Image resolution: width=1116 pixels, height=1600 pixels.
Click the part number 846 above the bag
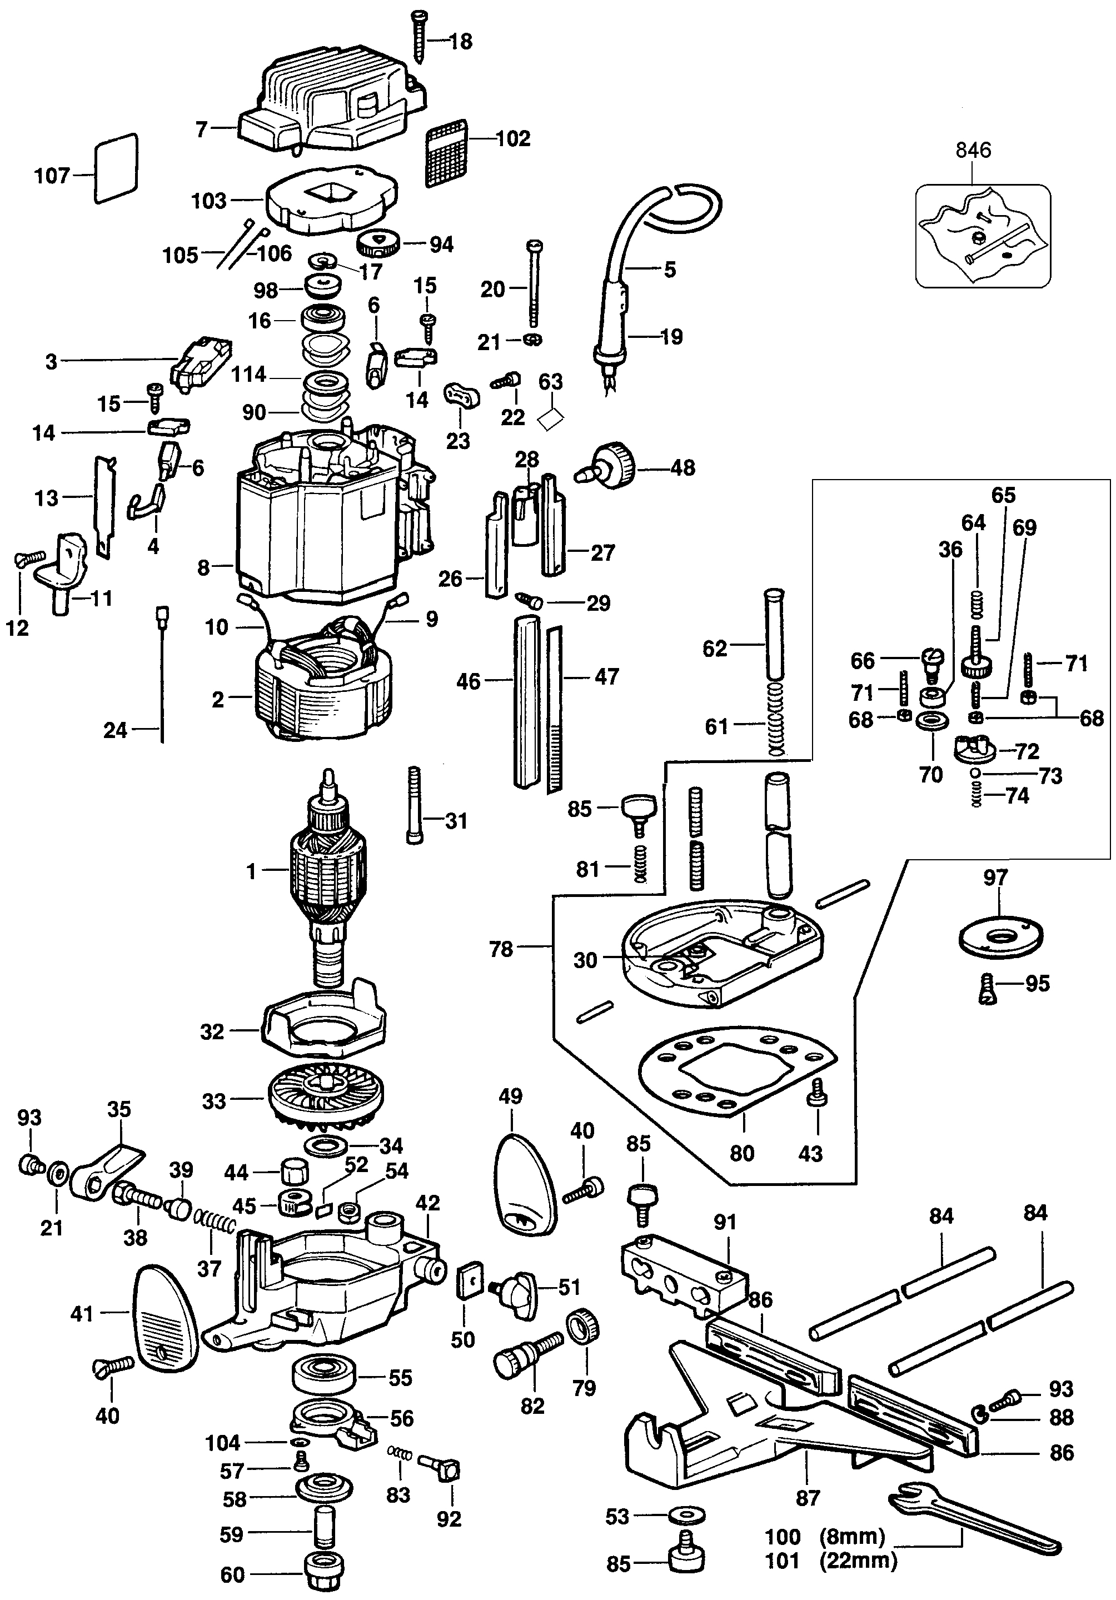973,150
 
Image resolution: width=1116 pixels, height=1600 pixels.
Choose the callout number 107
52,176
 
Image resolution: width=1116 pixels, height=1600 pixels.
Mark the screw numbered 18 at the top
420,35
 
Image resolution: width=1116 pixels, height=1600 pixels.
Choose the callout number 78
501,949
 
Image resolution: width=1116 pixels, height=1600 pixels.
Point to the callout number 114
249,375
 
